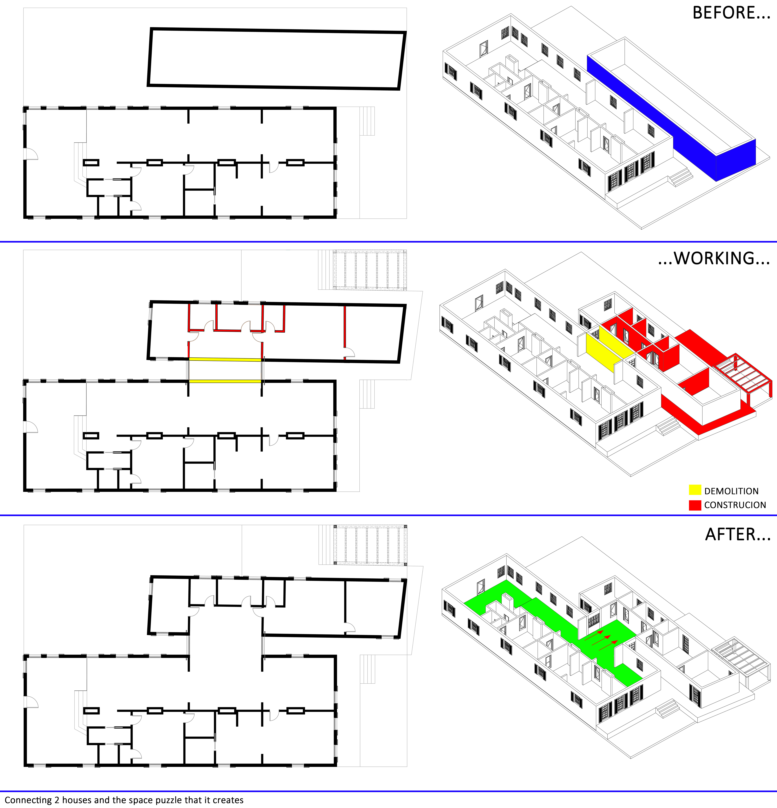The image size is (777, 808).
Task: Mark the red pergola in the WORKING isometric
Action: (742, 375)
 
